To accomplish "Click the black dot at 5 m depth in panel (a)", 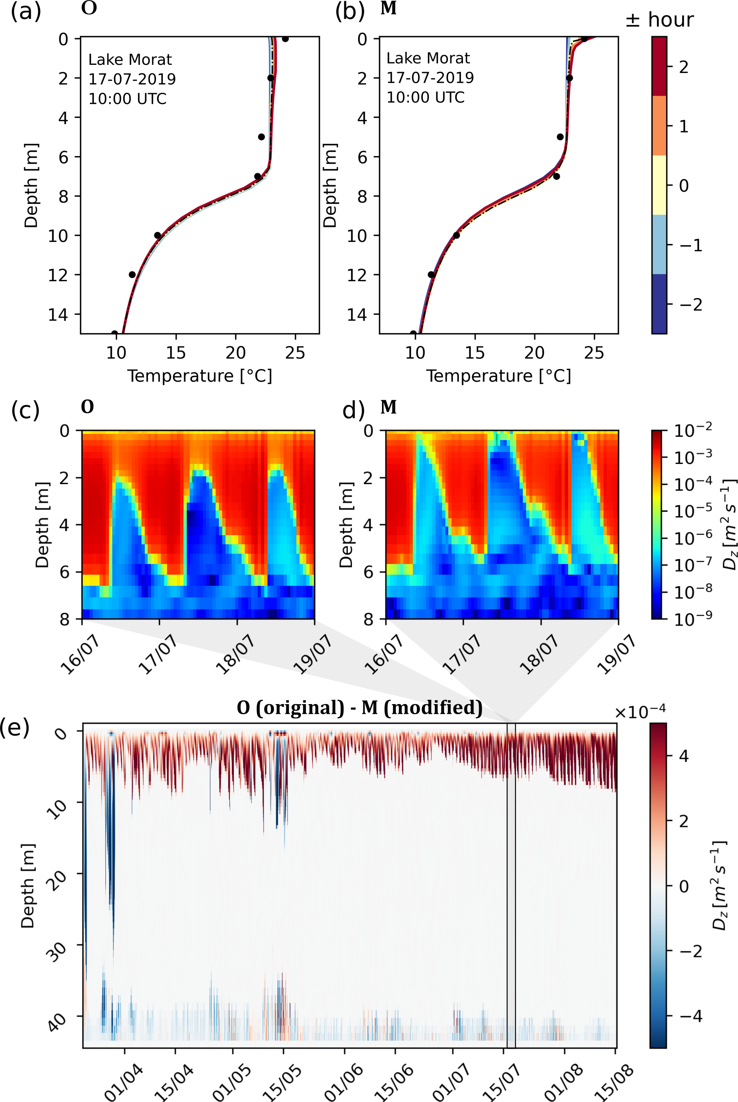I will (x=261, y=137).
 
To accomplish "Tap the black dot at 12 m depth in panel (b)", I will (x=431, y=274).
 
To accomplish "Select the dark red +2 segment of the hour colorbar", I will (x=659, y=66).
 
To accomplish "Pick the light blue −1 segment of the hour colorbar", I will (x=659, y=244).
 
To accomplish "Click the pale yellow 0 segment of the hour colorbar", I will (x=659, y=185).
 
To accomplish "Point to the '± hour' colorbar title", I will (x=659, y=20).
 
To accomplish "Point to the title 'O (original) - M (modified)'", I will (x=360, y=707).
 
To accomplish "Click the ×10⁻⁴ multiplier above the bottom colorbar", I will (x=640, y=712).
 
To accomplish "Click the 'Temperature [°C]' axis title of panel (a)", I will (x=200, y=376).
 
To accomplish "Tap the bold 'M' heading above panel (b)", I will (x=388, y=9).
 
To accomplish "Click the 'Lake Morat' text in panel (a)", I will (x=130, y=60).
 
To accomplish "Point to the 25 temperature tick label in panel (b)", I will (x=593, y=352).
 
